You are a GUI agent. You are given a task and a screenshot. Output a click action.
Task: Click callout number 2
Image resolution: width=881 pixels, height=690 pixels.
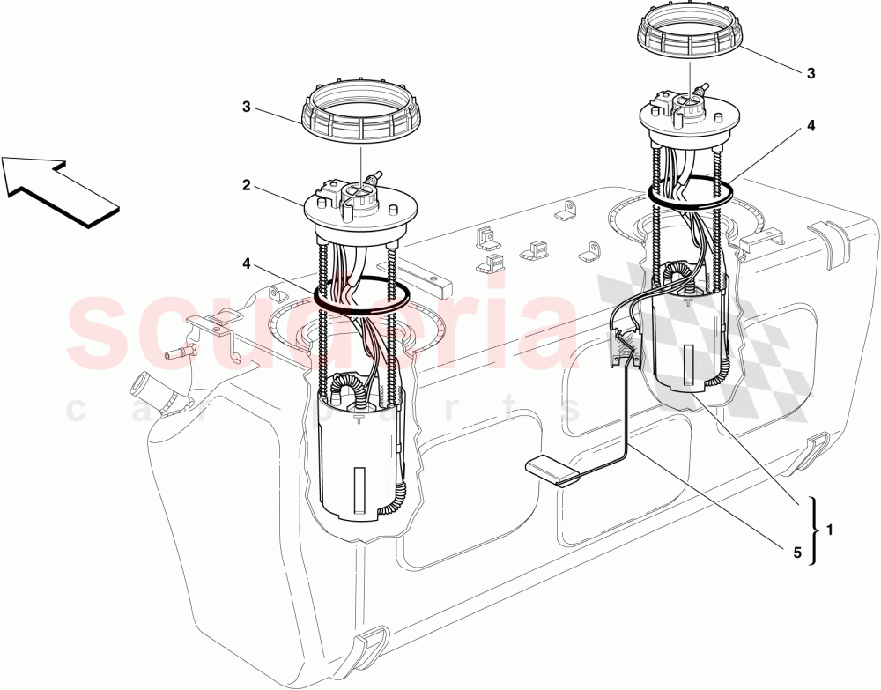248,186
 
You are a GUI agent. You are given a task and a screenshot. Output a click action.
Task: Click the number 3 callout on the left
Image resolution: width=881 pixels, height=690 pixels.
248,108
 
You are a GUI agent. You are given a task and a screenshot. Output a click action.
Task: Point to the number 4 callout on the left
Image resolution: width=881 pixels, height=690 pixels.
248,262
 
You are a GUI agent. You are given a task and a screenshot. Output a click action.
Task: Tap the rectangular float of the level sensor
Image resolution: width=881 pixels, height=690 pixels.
551,471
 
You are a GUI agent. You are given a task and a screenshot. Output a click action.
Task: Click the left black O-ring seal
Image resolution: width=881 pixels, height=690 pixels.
361,295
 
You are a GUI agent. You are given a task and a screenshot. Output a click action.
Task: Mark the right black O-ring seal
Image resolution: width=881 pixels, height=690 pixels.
692,192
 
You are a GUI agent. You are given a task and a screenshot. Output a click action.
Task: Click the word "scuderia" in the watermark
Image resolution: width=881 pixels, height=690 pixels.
326,330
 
